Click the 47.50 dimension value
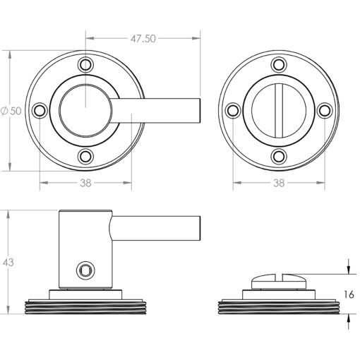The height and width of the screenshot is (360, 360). click(143, 39)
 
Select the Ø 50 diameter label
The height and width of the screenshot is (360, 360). click(11, 111)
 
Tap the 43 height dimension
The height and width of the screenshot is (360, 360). click(8, 263)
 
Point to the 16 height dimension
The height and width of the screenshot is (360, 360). click(349, 294)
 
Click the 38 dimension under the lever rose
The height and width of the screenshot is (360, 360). click(85, 183)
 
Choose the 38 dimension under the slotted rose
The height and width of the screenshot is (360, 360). click(279, 183)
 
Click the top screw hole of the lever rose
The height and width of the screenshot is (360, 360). click(85, 65)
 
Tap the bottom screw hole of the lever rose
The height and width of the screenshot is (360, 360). click(85, 156)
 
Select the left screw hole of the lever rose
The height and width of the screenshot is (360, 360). click(40, 111)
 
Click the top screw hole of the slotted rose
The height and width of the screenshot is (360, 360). click(279, 65)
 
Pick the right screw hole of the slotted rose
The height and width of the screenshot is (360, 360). click(325, 111)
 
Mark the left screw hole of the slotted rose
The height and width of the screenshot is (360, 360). click(233, 111)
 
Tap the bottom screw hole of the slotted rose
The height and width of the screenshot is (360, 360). click(279, 156)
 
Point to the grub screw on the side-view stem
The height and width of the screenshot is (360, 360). click(85, 270)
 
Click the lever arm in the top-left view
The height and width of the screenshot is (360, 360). click(155, 111)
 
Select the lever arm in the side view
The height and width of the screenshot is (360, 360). click(155, 228)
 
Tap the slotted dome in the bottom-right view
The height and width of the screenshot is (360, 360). click(279, 282)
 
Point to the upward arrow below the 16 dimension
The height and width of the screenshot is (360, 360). click(349, 321)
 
